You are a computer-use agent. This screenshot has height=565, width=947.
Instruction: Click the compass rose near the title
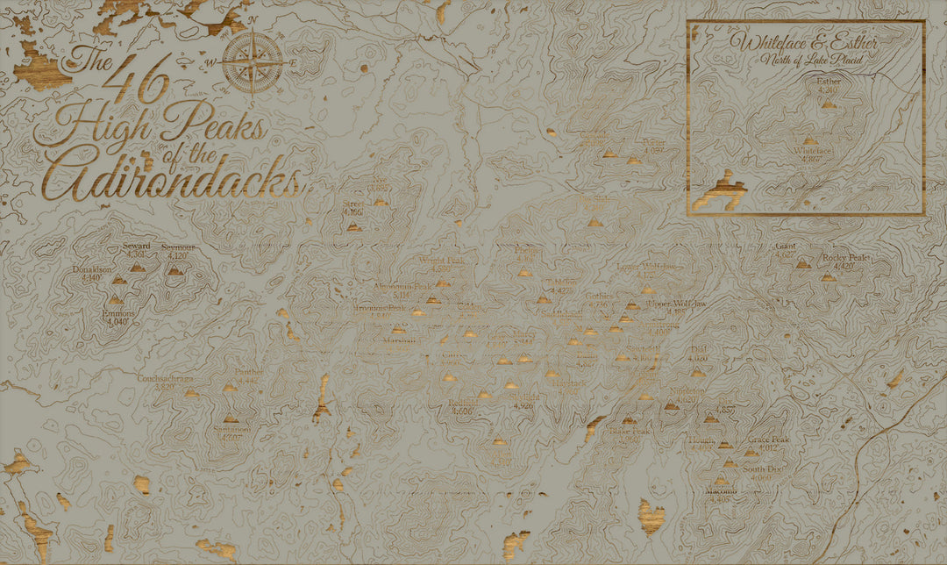pos(253,61)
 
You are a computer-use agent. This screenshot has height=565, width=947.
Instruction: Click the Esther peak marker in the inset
pos(829,104)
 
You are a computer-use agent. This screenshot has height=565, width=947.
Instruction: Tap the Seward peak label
pos(136,247)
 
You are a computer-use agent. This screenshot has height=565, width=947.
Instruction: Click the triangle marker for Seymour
pos(175,271)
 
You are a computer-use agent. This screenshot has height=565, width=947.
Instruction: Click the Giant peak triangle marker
pos(802,263)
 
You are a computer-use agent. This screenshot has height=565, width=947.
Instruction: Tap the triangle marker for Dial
pos(697,373)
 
